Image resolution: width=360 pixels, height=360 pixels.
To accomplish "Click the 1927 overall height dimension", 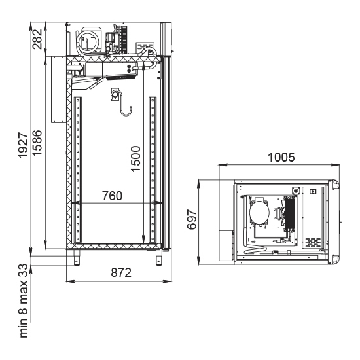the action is coord(23,145).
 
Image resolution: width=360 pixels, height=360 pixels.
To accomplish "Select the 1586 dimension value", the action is coord(37,143).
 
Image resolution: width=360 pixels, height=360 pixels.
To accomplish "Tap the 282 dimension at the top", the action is coord(37,39).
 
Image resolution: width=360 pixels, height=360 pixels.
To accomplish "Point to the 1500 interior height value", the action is coord(135,158).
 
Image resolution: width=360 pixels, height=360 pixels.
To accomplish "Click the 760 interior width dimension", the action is coord(112,196).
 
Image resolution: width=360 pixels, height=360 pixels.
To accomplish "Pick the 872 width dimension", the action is coord(121,272).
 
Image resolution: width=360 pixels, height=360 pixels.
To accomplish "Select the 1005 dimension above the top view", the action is coord(281,157).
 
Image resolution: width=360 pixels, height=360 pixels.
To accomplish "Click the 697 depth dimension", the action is coord(192,219).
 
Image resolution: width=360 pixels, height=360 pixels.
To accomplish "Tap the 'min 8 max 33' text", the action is coord(24,301).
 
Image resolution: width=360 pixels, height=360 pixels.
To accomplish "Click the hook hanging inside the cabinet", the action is coord(122,103).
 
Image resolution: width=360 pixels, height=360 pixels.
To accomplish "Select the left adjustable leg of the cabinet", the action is coord(77,258).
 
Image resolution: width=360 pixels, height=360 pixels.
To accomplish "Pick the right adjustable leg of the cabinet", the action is coord(158,258).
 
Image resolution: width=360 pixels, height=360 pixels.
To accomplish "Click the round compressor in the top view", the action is coord(259,212).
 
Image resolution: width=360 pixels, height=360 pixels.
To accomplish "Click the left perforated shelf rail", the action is coord(78,170).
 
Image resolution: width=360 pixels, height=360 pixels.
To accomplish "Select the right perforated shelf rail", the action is coord(153,170).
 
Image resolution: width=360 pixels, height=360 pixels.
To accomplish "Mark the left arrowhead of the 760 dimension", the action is coord(75,203).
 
